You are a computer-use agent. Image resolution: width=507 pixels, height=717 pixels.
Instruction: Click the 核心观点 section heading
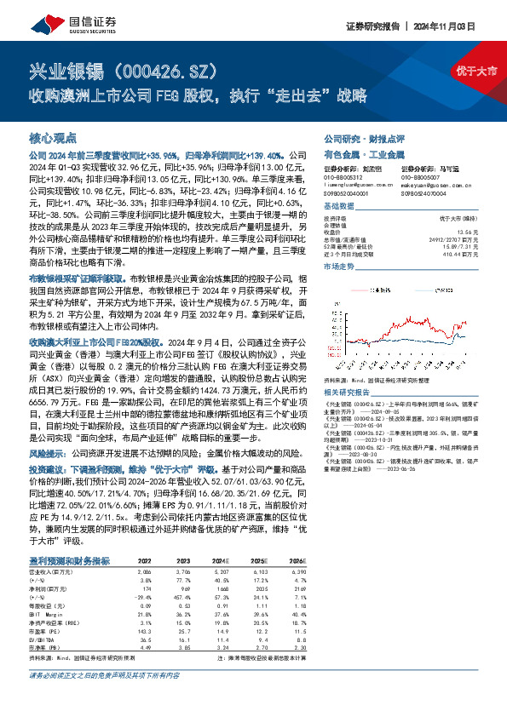(x=53, y=137)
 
